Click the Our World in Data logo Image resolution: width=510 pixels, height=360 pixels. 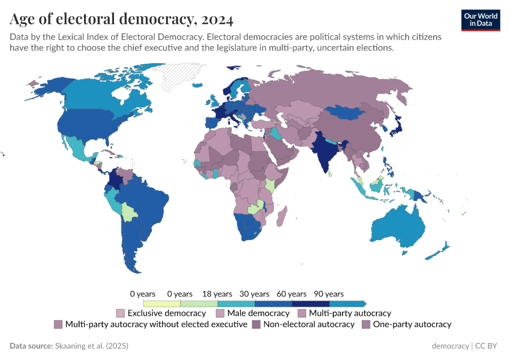(x=481, y=20)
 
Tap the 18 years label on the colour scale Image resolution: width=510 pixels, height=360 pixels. (x=217, y=294)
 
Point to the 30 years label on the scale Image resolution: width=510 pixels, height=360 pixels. (x=254, y=294)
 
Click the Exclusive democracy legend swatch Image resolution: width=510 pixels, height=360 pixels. (x=120, y=313)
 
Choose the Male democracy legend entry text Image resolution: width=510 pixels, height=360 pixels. (x=258, y=313)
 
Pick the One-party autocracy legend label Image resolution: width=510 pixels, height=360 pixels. (x=412, y=325)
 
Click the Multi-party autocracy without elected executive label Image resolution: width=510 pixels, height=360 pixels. (x=156, y=325)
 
